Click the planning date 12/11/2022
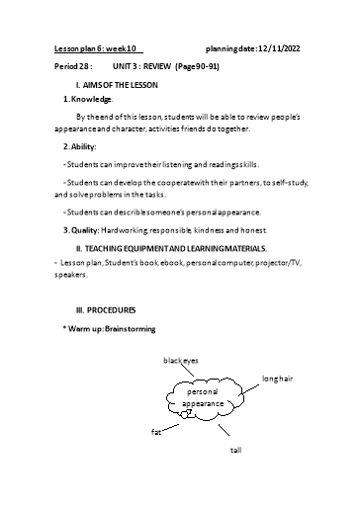pos(283,47)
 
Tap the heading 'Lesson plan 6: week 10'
pos(99,47)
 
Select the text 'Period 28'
pos(70,66)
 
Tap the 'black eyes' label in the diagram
pos(181,361)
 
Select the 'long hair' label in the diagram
pos(278,379)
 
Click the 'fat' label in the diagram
pos(155,433)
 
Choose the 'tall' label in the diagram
pos(235,450)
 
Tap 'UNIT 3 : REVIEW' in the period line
pos(135,66)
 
